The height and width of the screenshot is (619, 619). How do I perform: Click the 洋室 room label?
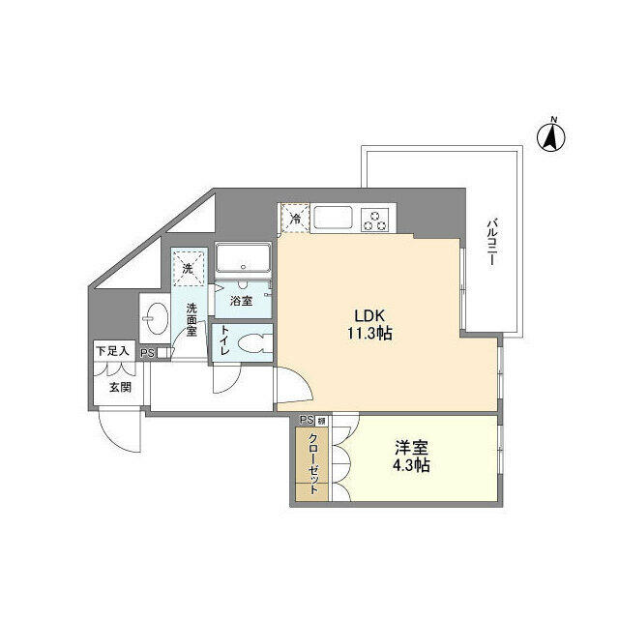(411, 449)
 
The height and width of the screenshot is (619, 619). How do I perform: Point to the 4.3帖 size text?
(411, 466)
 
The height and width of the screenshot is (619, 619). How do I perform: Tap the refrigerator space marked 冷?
(295, 218)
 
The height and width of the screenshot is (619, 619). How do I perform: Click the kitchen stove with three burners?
(373, 220)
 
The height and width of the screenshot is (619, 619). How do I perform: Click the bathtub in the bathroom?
(244, 259)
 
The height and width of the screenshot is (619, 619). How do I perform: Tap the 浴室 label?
(243, 301)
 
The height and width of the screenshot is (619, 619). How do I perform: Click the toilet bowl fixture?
(253, 344)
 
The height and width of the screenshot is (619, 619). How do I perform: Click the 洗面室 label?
(192, 319)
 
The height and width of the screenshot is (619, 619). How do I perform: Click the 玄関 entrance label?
(119, 388)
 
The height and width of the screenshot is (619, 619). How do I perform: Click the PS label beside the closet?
(306, 420)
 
